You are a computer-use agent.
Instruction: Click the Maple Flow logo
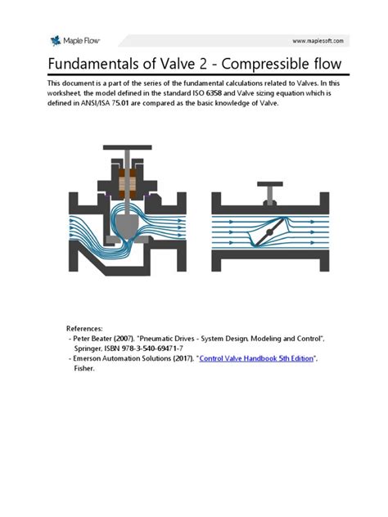point(71,40)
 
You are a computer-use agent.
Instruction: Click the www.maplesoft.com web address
point(319,40)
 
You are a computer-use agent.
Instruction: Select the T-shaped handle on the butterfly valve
point(268,191)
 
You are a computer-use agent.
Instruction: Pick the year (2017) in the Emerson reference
point(178,358)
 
